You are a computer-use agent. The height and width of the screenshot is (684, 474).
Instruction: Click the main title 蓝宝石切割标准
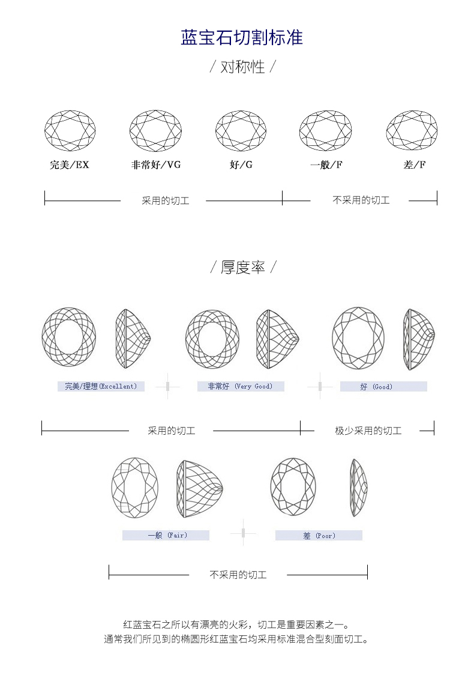click(242, 37)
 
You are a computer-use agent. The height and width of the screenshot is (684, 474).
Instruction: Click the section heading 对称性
click(242, 67)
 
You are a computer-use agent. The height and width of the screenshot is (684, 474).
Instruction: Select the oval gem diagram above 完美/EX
click(70, 131)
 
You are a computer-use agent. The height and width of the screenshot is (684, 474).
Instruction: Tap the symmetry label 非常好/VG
click(156, 165)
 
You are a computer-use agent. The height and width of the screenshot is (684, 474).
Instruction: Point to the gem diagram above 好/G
click(241, 131)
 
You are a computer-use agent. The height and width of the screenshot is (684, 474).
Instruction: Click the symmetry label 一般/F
click(326, 165)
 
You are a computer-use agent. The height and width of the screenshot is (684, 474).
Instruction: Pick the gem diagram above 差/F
click(412, 131)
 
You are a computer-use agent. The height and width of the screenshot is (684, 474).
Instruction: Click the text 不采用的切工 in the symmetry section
click(361, 200)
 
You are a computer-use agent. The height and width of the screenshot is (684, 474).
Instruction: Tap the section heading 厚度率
click(242, 267)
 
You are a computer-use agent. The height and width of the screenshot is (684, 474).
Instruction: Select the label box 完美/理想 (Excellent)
click(101, 387)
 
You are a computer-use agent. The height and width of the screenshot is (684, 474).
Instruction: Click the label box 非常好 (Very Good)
click(241, 387)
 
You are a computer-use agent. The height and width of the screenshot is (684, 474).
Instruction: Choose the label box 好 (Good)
click(384, 387)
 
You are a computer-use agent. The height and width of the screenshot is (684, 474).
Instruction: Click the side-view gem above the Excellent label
click(133, 339)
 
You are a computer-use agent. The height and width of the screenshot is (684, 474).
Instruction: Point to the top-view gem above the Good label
click(358, 337)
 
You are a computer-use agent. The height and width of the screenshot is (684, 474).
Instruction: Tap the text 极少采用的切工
click(368, 431)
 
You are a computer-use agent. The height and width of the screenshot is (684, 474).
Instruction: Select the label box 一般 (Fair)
click(166, 535)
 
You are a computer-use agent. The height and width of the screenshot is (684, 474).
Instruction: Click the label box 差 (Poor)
click(319, 535)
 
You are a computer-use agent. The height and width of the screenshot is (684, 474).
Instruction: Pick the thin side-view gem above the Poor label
click(359, 488)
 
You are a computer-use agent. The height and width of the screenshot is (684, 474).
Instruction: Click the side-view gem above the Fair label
click(200, 489)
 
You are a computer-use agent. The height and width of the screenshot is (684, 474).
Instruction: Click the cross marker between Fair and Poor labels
click(243, 533)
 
